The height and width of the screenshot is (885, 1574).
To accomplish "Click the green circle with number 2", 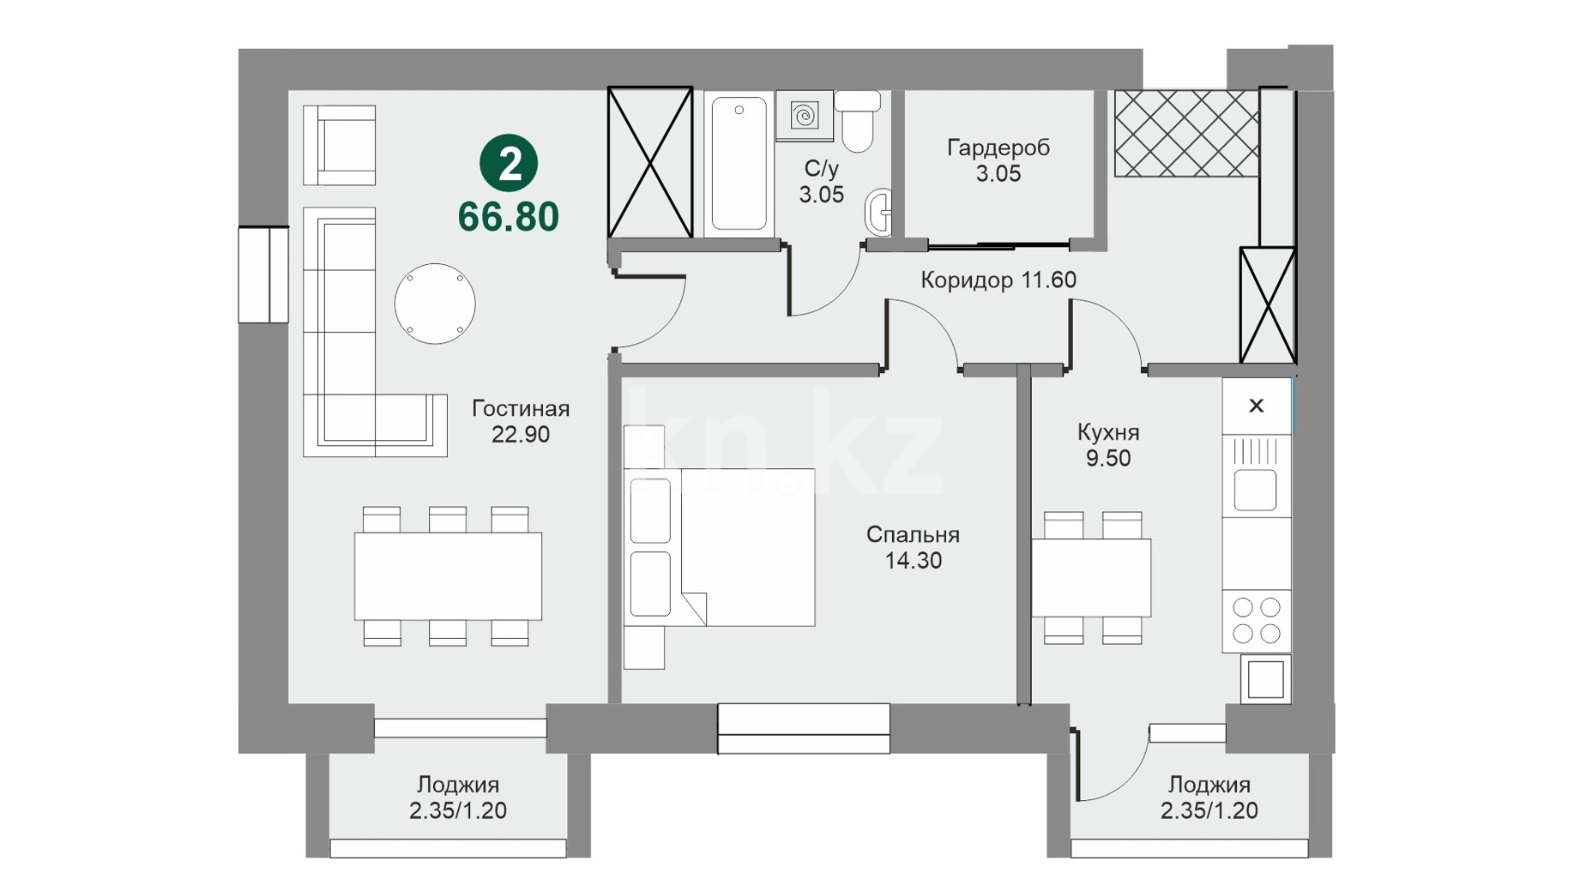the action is tap(509, 163).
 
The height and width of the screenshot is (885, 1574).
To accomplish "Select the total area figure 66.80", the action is tap(509, 217).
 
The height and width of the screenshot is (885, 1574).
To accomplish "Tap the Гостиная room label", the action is tap(521, 408).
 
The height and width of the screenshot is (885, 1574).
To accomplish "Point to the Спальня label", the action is tap(913, 534).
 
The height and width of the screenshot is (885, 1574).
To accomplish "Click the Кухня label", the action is tap(1108, 431).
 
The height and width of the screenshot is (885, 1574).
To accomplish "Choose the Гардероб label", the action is tap(998, 147).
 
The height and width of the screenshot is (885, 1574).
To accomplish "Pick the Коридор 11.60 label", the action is tap(998, 280).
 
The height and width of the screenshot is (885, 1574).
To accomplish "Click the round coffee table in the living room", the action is tap(435, 304).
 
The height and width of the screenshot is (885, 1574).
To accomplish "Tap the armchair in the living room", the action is tap(340, 145).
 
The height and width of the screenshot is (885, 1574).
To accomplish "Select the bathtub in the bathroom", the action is tap(739, 164).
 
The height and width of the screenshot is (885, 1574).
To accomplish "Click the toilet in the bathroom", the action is tap(858, 121).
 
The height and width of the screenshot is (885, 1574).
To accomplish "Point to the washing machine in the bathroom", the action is tap(805, 115).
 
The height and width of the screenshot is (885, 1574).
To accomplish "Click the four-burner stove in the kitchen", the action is tap(1257, 621).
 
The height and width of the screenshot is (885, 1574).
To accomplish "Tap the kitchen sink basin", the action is tap(1256, 490).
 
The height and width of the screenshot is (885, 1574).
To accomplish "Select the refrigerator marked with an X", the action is tap(1257, 406).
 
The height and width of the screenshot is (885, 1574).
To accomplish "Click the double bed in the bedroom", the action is tap(720, 547).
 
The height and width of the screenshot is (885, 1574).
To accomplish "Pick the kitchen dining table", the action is tap(1091, 577).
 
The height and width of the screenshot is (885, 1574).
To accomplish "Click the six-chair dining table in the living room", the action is tap(448, 576).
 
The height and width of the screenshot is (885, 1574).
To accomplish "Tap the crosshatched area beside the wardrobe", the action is tap(1187, 134).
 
